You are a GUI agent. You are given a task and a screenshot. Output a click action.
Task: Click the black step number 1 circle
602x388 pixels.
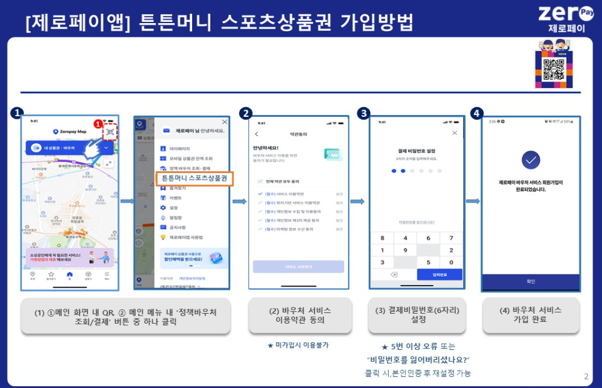pyautogui.click(x=16, y=113)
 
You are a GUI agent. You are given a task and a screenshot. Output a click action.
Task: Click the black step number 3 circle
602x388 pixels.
pyautogui.click(x=364, y=113)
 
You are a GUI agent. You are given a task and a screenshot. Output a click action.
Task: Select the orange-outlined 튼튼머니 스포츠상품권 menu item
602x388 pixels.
pyautogui.click(x=193, y=178)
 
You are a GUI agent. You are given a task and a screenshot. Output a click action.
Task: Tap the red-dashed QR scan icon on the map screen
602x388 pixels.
pyautogui.click(x=110, y=131)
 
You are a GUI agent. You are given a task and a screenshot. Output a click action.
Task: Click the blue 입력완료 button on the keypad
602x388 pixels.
pyautogui.click(x=439, y=275)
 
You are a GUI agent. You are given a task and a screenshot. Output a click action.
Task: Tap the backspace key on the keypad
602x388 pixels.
pyautogui.click(x=394, y=275)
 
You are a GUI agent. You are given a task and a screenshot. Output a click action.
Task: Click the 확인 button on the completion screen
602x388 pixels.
pyautogui.click(x=531, y=281)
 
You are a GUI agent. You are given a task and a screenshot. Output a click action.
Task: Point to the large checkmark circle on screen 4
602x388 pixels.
pyautogui.click(x=531, y=160)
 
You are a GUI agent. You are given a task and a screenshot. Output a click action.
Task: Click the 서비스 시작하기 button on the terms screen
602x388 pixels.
pyautogui.click(x=298, y=267)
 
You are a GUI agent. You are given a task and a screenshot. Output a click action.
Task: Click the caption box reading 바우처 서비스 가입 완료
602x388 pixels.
pyautogui.click(x=531, y=315)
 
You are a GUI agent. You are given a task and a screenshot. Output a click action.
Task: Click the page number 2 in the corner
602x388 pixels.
pyautogui.click(x=586, y=376)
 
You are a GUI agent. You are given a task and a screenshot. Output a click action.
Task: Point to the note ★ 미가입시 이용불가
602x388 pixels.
pyautogui.click(x=298, y=345)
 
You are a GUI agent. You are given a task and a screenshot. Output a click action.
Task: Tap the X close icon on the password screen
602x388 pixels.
pyautogui.click(x=454, y=133)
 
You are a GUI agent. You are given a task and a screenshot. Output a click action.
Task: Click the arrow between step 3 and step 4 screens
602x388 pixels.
pyautogui.click(x=473, y=201)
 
